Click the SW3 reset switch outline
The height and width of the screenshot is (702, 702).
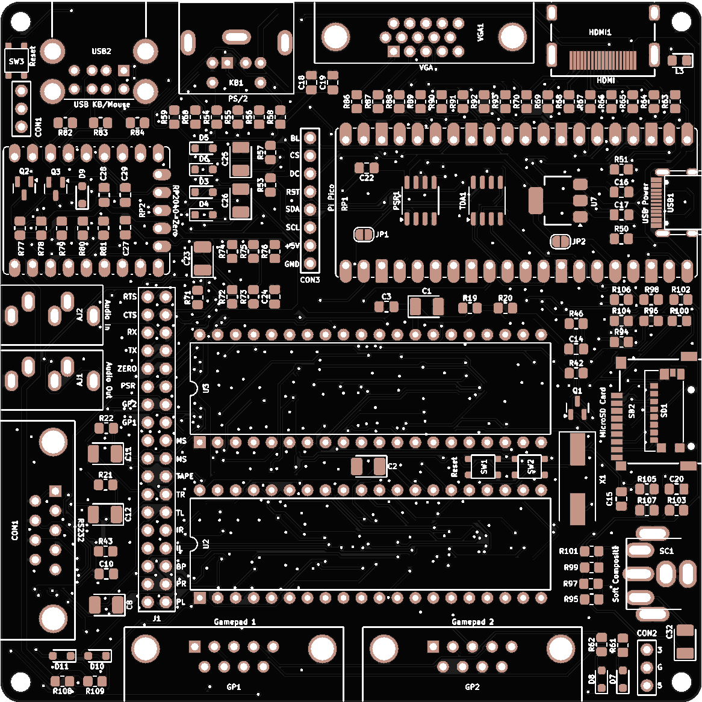click(x=16, y=61)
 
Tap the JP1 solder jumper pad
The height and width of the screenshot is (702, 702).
click(x=363, y=235)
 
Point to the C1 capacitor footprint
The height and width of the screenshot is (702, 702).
click(x=426, y=307)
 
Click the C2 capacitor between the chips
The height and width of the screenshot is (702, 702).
click(x=368, y=466)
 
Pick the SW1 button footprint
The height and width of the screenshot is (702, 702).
click(x=483, y=467)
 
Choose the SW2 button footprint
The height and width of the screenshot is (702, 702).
click(x=530, y=467)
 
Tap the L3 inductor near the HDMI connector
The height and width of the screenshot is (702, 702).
click(x=680, y=61)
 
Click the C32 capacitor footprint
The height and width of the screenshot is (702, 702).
click(x=685, y=642)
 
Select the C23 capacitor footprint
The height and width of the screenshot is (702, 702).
click(x=203, y=259)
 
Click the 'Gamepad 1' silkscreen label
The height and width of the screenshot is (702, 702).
click(x=235, y=621)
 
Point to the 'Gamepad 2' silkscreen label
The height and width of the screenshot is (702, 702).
click(x=473, y=621)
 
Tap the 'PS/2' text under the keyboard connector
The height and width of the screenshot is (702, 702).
click(x=238, y=99)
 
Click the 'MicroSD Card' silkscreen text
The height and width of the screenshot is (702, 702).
click(x=603, y=412)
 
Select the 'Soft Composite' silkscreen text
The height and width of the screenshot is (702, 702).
click(x=615, y=573)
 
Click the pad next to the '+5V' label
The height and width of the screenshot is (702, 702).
click(x=310, y=245)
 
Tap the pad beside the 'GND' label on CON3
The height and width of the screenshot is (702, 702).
click(x=310, y=263)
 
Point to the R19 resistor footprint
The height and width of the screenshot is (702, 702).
click(x=470, y=308)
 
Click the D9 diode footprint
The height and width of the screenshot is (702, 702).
click(x=82, y=196)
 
